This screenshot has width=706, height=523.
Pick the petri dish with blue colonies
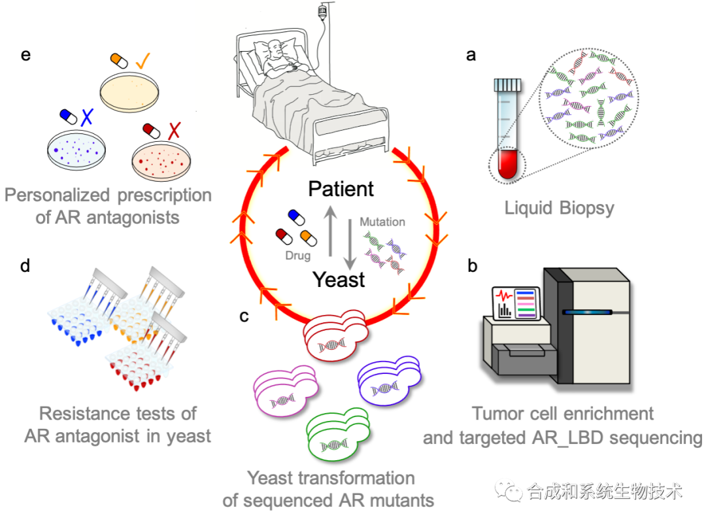(76, 151)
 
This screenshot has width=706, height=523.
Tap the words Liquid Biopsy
(560, 209)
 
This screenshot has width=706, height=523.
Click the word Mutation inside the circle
(382, 222)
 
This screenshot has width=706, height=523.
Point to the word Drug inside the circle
(297, 256)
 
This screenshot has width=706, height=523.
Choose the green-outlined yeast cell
(336, 434)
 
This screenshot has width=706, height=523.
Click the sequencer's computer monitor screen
(516, 304)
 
